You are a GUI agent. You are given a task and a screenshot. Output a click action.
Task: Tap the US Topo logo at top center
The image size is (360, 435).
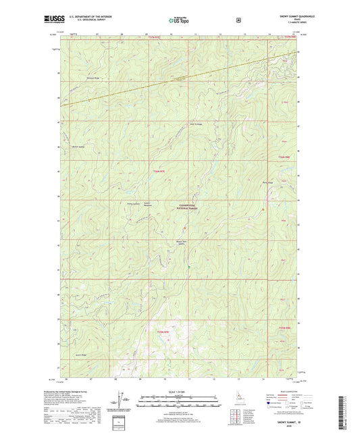(x=179, y=20)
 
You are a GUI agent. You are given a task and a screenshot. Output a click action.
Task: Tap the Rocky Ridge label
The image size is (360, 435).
(x=265, y=182)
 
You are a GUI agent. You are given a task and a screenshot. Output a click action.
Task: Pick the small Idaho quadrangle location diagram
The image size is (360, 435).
(x=241, y=408)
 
